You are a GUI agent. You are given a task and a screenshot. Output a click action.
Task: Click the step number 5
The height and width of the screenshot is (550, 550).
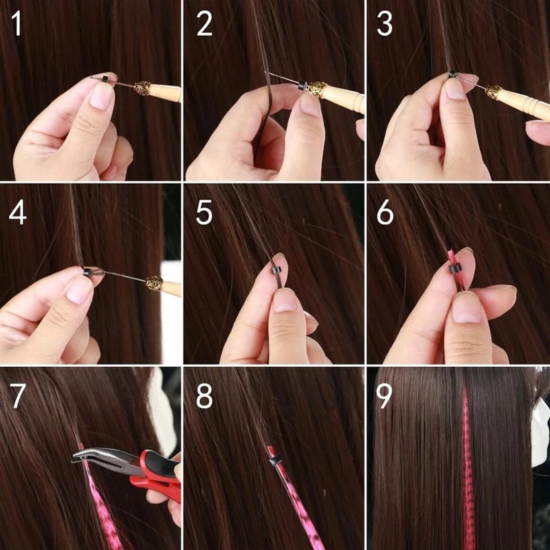click(203, 212)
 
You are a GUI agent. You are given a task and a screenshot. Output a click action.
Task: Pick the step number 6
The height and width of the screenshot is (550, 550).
click(385, 212)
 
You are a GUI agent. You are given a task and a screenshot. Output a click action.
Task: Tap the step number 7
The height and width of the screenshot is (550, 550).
click(18, 397)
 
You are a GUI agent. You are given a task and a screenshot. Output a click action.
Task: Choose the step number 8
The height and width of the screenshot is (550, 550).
click(203, 397)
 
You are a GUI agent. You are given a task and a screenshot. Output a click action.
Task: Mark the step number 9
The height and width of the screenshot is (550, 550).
click(385, 397)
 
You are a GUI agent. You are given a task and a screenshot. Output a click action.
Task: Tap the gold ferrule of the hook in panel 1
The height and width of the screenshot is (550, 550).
click(142, 89)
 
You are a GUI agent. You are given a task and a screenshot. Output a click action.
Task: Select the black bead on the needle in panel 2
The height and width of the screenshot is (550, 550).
click(302, 87)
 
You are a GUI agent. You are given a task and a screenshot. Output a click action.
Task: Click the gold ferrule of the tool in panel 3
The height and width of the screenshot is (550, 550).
click(494, 92)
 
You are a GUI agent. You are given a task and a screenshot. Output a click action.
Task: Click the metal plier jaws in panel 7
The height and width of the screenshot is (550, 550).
click(100, 456)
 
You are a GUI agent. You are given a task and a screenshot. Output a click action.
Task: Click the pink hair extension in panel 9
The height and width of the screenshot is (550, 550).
click(468, 467)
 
